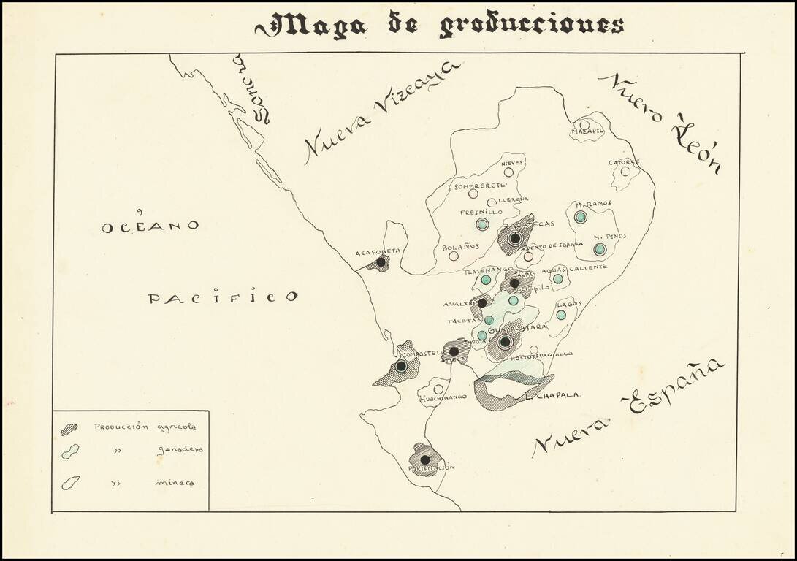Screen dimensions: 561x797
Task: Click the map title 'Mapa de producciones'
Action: pyautogui.click(x=440, y=25)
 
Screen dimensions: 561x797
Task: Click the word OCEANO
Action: pyautogui.click(x=150, y=226)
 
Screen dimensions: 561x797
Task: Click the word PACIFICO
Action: pyautogui.click(x=222, y=297)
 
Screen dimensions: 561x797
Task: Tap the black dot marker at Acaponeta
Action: pyautogui.click(x=381, y=262)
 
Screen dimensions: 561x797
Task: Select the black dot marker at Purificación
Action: pyautogui.click(x=424, y=459)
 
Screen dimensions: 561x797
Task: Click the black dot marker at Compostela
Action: pyautogui.click(x=400, y=366)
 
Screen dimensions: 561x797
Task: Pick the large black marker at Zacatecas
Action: pyautogui.click(x=515, y=237)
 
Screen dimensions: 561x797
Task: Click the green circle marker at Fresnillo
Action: pyautogui.click(x=481, y=224)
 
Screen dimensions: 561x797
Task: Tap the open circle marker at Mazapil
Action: pyautogui.click(x=585, y=124)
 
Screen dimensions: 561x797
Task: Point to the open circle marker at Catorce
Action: pyautogui.click(x=625, y=172)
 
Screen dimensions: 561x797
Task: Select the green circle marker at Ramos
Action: pyautogui.click(x=581, y=217)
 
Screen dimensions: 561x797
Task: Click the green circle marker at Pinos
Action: pyautogui.click(x=600, y=249)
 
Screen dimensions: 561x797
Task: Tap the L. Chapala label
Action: pyautogui.click(x=553, y=395)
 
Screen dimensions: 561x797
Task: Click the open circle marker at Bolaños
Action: pyautogui.click(x=454, y=256)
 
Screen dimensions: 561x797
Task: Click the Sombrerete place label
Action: pyautogui.click(x=480, y=186)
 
